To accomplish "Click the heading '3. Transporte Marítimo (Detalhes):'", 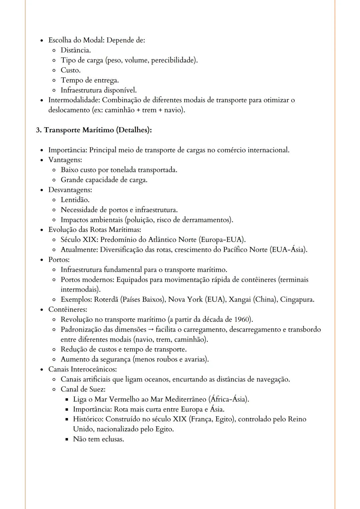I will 94,130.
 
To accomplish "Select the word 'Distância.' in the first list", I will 76,50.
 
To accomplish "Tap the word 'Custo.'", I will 70,70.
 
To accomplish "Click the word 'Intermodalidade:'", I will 74,100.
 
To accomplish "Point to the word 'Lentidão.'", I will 75,200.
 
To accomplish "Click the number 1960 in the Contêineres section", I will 242,319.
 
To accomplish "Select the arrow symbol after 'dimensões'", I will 151,330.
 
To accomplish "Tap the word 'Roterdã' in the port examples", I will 106,299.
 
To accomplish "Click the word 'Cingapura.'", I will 297,299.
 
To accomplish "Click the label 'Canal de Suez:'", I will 83,389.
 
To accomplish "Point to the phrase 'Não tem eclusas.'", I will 98,439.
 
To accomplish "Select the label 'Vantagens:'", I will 65,160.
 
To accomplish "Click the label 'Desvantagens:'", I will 70,190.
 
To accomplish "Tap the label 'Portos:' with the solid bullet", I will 59,259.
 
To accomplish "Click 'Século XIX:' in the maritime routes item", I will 79,240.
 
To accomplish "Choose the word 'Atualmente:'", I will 79,250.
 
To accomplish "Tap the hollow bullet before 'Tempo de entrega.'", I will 54,81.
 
